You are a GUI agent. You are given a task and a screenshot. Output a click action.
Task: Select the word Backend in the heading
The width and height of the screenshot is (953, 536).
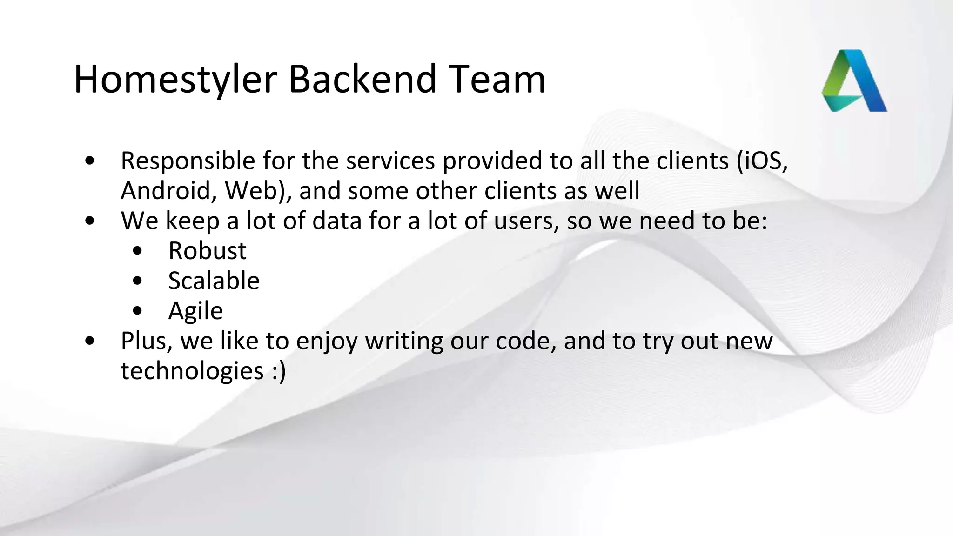(362, 79)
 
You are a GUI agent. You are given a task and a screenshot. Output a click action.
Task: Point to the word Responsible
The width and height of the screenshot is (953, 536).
(188, 161)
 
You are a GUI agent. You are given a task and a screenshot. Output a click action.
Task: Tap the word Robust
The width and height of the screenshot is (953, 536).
(207, 251)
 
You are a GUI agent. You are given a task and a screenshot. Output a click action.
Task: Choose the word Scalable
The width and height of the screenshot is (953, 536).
(214, 281)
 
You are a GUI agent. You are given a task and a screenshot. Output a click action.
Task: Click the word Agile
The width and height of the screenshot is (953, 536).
(195, 311)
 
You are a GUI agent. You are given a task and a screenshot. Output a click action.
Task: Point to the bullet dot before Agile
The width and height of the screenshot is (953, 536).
(137, 311)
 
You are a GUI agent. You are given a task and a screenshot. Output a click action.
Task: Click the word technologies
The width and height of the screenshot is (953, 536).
(192, 371)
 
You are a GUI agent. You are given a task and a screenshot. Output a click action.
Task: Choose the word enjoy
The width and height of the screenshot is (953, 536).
(327, 341)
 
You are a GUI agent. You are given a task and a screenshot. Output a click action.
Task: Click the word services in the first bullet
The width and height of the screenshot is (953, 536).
(390, 161)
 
